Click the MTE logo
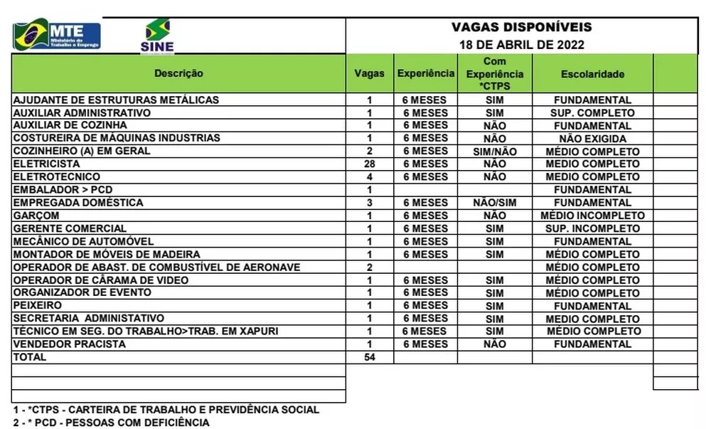point(57,35)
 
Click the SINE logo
point(157,36)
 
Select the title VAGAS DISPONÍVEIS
point(521,28)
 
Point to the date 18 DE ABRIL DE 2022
point(521,44)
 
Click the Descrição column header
point(178,73)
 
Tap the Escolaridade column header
point(592,74)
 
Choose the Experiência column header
point(425,73)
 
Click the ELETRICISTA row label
point(42,164)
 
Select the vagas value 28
point(369,164)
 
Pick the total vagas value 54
point(369,357)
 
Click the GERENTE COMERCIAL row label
point(70,228)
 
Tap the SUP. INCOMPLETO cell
point(592,228)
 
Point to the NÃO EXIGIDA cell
point(592,139)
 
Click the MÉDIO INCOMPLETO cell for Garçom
point(592,216)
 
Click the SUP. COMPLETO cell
point(592,113)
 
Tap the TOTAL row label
point(30,357)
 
